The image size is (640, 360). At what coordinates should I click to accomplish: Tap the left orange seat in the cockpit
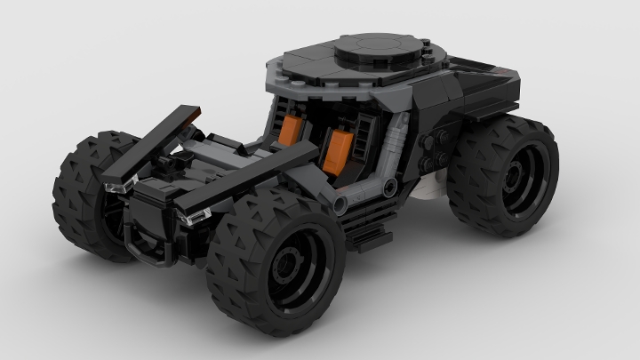click(297, 132)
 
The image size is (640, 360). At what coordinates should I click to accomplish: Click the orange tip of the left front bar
click(201, 109)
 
